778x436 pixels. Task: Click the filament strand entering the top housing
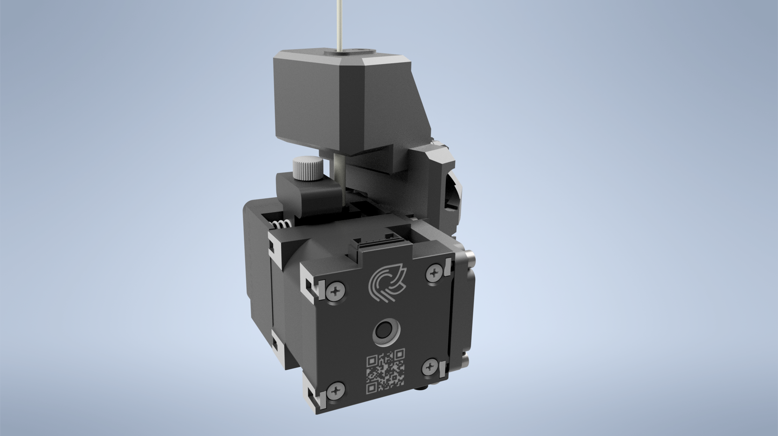coord(338,24)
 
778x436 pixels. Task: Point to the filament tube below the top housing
coord(340,175)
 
